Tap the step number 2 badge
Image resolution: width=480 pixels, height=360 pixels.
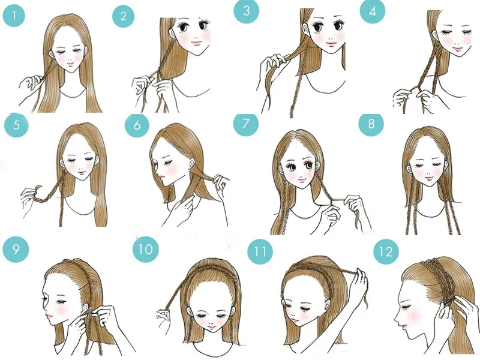coord(124,17)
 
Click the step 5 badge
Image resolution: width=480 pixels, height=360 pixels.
coord(14,126)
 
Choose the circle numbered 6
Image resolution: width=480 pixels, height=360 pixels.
coord(137,125)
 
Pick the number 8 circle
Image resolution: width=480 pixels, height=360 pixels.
coord(370,124)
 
